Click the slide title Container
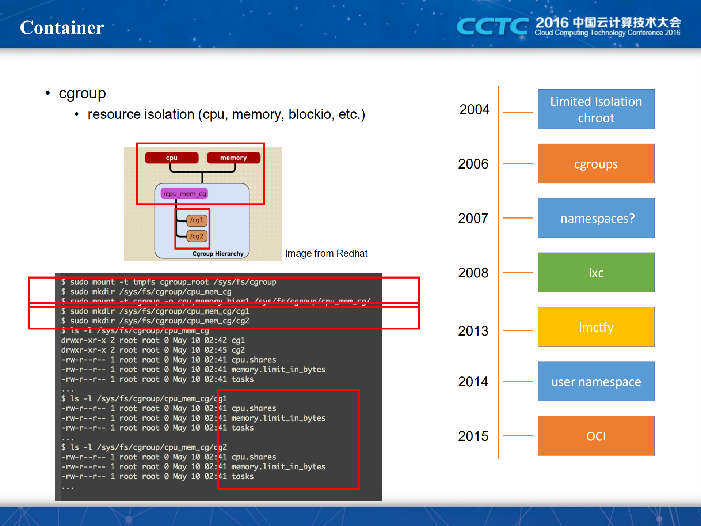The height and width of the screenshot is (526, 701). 62,28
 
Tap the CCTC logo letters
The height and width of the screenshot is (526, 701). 492,26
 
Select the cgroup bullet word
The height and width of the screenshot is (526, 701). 82,94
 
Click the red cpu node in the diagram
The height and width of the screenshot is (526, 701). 172,158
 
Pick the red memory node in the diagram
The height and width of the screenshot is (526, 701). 233,158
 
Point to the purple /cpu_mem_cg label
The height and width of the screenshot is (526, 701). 184,194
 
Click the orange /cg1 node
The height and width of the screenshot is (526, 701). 197,220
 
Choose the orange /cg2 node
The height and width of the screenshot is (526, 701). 197,236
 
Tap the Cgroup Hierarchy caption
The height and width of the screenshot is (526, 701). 218,254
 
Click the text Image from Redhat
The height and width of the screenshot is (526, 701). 326,253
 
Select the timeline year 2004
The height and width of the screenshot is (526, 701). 474,109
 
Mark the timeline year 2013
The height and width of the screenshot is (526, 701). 473,331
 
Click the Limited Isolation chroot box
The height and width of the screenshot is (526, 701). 596,109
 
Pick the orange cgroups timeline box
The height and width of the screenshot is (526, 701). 596,164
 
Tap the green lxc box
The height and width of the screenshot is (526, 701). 596,273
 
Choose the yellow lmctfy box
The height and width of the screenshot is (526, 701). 596,327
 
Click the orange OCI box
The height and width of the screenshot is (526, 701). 596,436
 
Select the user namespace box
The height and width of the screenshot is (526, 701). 596,382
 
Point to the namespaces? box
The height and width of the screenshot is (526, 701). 596,218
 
